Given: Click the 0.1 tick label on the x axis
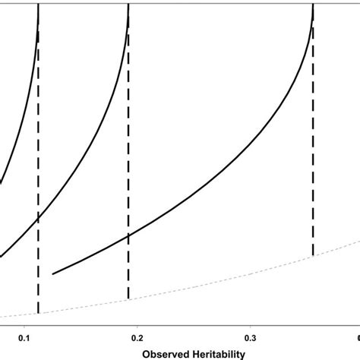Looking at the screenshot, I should pyautogui.click(x=24, y=336).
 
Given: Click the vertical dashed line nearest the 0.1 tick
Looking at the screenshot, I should pyautogui.click(x=38, y=266).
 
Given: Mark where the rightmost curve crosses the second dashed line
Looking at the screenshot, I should pyautogui.click(x=128, y=235).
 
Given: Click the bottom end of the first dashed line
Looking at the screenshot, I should pyautogui.click(x=38, y=313).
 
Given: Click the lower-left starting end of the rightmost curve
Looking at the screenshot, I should pyautogui.click(x=52, y=273).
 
